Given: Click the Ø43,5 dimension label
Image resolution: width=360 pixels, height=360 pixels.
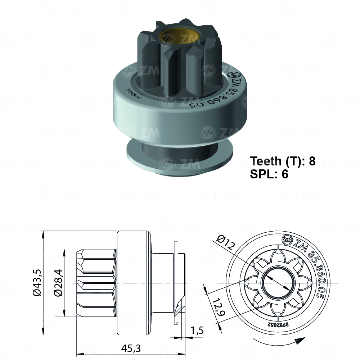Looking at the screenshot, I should coord(36,283).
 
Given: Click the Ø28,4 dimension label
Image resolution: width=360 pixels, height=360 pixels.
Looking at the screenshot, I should coord(58,283).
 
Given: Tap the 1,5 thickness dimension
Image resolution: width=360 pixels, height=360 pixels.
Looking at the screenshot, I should coord(197,330).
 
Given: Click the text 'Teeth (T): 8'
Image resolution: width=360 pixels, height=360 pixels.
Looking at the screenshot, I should coord(283,161).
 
